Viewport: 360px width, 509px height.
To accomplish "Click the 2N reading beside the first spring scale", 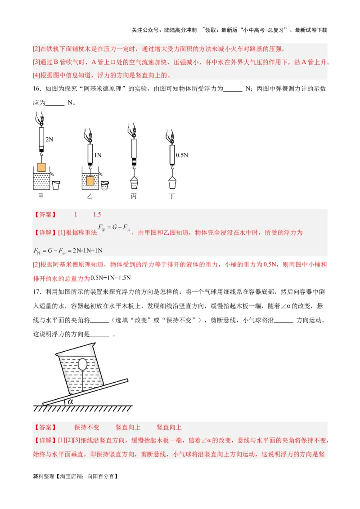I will tap(49, 140).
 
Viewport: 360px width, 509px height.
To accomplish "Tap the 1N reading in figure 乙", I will tap(98, 155).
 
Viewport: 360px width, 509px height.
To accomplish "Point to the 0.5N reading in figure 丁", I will tap(182, 155).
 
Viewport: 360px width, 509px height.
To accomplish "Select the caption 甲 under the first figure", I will tap(41, 196).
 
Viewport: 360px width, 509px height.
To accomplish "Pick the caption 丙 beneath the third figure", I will tap(133, 196).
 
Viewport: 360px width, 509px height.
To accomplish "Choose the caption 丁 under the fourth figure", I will tap(172, 196).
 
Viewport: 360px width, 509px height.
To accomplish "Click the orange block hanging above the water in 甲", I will tap(41, 167).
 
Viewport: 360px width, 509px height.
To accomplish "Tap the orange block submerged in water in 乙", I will tap(90, 181).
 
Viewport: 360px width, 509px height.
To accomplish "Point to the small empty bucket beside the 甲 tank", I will tap(56, 185).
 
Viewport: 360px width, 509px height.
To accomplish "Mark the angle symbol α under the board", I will tap(70, 402).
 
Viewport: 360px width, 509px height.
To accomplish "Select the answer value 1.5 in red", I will tap(97, 215).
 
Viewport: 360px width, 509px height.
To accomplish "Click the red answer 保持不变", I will tap(87, 427).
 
